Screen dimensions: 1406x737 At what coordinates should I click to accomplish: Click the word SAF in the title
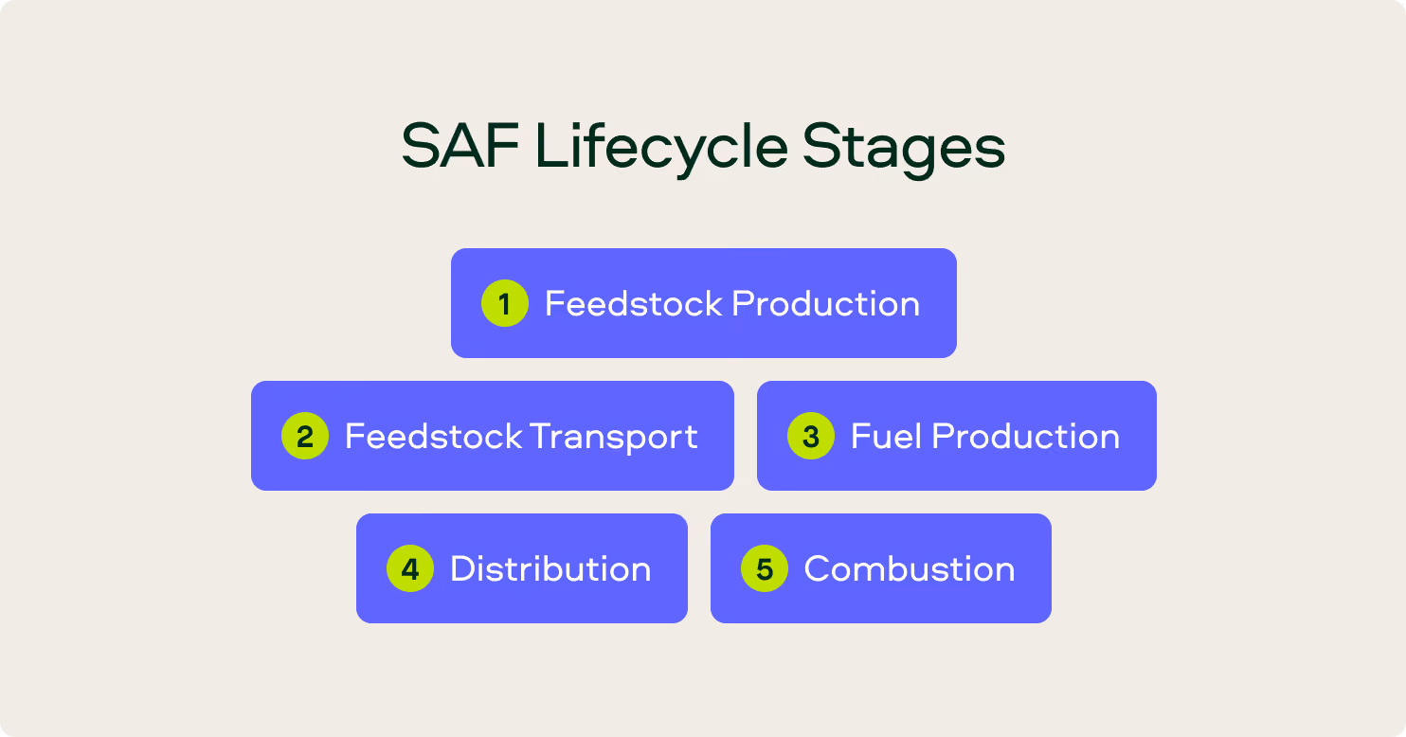click(460, 146)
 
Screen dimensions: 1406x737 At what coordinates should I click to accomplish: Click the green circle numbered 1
click(505, 303)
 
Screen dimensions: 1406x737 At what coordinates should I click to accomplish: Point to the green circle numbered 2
click(305, 436)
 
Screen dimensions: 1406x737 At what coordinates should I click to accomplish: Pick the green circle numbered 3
click(811, 436)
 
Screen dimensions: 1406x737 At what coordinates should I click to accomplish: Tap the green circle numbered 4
click(410, 568)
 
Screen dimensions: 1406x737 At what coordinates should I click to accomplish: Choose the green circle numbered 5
click(765, 568)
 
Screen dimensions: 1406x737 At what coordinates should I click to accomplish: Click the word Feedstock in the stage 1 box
click(634, 304)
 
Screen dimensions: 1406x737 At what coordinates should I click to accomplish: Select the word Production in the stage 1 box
click(826, 304)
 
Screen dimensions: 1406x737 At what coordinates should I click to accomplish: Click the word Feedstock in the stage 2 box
click(434, 437)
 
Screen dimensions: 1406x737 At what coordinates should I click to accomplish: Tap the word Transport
click(613, 438)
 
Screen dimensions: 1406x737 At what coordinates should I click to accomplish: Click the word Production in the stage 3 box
click(1026, 437)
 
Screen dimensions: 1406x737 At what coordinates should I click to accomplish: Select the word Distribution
click(550, 568)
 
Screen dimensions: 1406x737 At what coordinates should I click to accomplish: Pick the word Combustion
click(910, 568)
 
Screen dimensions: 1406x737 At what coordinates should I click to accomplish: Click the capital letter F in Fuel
click(862, 437)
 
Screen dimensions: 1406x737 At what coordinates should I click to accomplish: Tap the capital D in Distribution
click(465, 568)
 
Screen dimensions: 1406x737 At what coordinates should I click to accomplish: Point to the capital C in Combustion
click(820, 568)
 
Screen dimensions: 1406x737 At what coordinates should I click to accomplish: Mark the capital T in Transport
click(542, 437)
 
